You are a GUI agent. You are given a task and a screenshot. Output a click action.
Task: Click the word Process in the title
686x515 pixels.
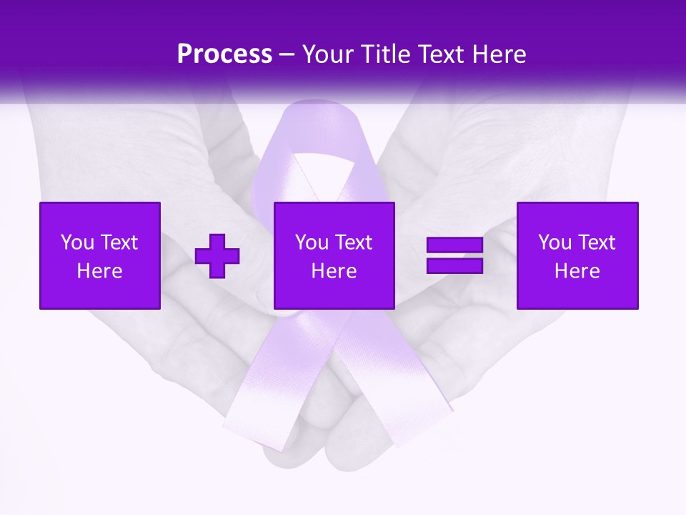[224, 54]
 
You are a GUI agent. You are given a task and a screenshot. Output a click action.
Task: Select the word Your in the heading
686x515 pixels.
[327, 54]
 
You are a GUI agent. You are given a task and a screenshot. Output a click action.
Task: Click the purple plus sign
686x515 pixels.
[217, 256]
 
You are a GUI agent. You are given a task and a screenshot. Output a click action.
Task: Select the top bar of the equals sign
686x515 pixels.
[454, 245]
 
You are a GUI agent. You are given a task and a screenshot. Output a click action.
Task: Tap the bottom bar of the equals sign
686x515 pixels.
[454, 266]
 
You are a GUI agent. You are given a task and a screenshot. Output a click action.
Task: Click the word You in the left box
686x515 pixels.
[76, 242]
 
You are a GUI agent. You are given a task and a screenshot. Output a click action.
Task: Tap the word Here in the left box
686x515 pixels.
[100, 271]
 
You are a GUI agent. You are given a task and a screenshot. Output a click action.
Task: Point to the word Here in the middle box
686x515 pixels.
[334, 271]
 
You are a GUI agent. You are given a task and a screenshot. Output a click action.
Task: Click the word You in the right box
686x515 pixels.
[554, 242]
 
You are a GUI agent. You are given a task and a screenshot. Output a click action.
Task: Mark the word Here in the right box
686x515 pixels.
[577, 271]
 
